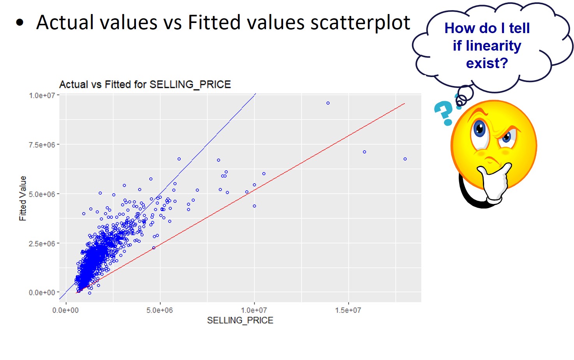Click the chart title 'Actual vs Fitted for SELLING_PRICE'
[145, 84]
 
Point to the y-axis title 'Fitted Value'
[23, 198]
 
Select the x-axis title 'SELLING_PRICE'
[240, 320]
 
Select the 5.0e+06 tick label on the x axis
[160, 310]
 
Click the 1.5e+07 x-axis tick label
[348, 310]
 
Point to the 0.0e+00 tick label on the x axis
[65, 310]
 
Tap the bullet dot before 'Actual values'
[20, 23]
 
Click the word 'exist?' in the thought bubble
[487, 63]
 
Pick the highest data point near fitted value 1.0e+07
[328, 103]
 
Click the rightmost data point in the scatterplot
[405, 159]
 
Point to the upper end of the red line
[405, 104]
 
